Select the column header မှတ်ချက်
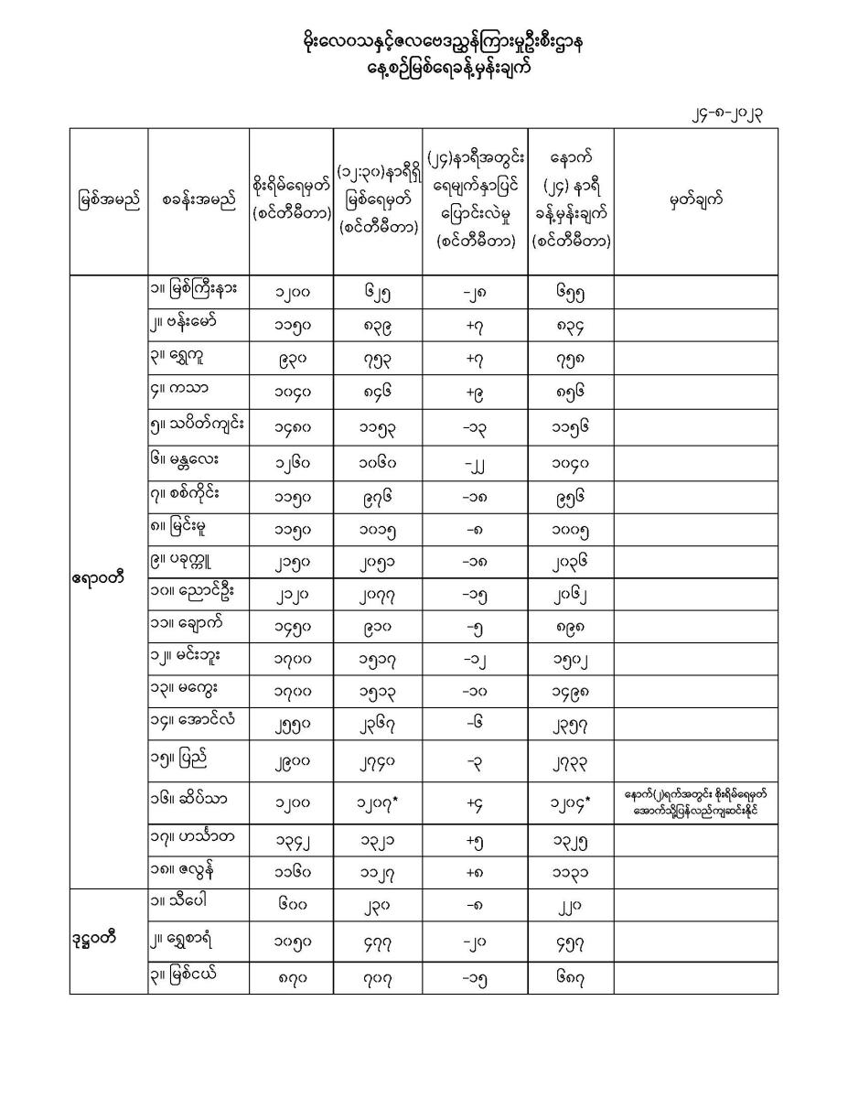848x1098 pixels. coord(695,201)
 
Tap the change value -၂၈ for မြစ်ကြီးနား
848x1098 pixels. coord(475,294)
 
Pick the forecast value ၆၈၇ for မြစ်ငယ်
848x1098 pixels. coord(571,977)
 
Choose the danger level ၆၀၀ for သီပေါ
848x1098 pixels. coord(291,907)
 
